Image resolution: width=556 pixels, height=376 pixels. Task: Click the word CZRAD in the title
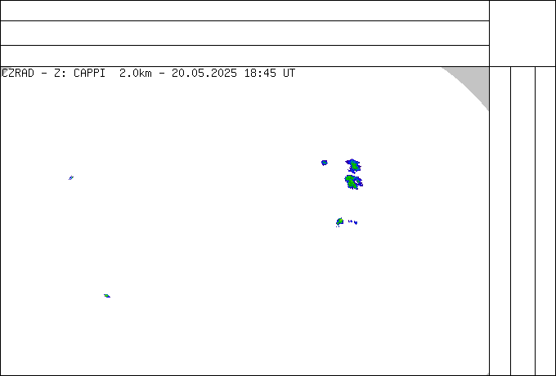[18, 74]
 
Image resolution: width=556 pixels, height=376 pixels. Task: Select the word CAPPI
[90, 74]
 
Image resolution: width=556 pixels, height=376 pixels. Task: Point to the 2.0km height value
[136, 74]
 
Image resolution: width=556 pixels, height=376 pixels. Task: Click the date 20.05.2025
[204, 74]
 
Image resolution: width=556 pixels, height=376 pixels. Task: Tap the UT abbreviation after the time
[289, 74]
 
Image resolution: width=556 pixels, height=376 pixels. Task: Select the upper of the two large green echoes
[353, 166]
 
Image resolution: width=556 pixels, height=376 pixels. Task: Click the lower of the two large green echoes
[352, 182]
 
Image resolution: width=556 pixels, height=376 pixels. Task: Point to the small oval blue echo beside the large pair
[324, 163]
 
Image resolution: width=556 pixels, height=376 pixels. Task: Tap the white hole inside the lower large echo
[358, 181]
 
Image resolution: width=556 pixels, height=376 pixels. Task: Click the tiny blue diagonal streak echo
[71, 178]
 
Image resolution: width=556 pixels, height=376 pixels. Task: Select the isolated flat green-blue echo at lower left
[107, 296]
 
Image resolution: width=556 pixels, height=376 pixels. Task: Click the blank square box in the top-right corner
[522, 34]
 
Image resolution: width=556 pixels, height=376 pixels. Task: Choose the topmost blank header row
[244, 11]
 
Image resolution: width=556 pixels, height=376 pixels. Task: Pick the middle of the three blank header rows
[244, 33]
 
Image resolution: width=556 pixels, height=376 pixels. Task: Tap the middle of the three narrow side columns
[522, 221]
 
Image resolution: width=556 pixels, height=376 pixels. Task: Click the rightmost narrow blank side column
[545, 221]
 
